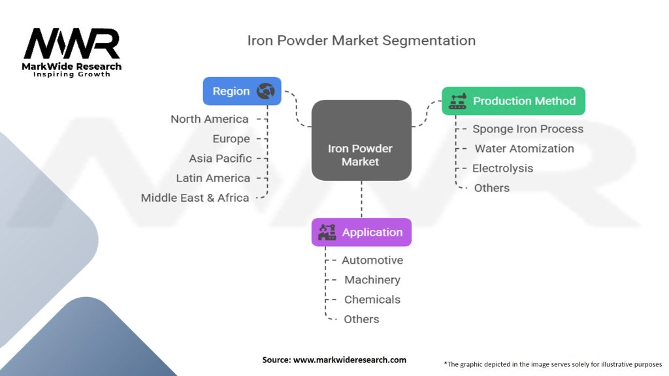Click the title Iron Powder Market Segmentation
tap(361, 40)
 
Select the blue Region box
tap(242, 91)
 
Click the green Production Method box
tap(514, 101)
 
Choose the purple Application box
tap(361, 232)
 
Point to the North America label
tap(210, 119)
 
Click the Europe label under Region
tap(231, 139)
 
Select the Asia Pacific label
tap(220, 159)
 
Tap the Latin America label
tap(213, 178)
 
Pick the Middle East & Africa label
tap(195, 198)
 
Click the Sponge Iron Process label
tap(528, 129)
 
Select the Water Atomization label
tap(524, 148)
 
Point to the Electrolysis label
tap(502, 168)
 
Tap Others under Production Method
tap(492, 188)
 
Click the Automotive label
tap(372, 260)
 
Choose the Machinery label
tap(372, 280)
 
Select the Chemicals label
tap(372, 300)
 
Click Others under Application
tap(361, 319)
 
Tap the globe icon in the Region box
tap(265, 91)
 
